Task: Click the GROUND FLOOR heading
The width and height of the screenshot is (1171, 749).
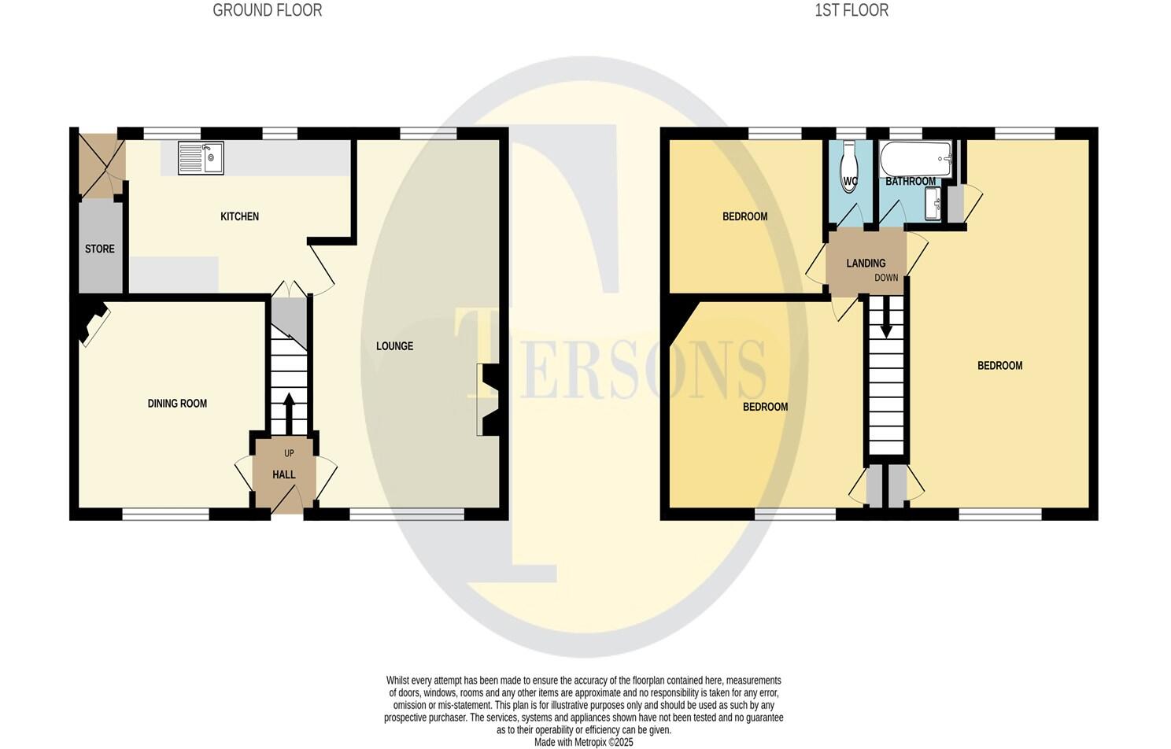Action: coord(267,10)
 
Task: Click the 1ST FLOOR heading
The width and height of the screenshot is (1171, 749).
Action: coord(851,10)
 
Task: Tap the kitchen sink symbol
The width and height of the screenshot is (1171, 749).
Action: coord(201,157)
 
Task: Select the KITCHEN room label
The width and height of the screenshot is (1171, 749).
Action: coord(239,216)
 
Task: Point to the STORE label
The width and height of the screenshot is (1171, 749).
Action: coord(100,249)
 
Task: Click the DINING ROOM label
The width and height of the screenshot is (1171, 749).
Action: coord(177,404)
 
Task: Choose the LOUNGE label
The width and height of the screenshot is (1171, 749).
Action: coord(394,346)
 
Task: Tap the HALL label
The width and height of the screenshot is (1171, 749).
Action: coord(284,474)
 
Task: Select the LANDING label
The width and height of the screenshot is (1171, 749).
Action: coord(866,264)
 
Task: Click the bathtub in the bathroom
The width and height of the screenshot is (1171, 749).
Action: coord(915,159)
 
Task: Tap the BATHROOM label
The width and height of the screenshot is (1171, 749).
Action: coord(911,182)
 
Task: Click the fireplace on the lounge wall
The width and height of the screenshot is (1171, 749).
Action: coord(487,400)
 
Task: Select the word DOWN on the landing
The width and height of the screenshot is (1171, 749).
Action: coord(886,278)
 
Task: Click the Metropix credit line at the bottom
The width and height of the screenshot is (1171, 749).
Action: coord(583,742)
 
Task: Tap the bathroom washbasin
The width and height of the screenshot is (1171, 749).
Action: coord(934,208)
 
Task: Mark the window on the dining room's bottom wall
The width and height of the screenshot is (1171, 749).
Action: coord(165,515)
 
